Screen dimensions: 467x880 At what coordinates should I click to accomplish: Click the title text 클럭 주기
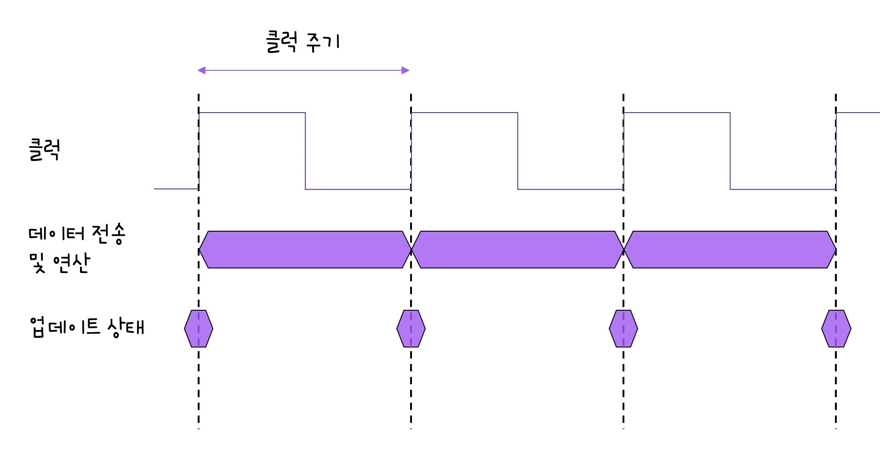click(x=303, y=42)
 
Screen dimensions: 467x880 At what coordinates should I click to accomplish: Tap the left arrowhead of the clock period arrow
click(x=201, y=70)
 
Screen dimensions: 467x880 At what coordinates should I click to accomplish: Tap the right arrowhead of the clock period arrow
click(x=406, y=70)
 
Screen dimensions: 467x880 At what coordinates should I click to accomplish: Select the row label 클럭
click(x=44, y=150)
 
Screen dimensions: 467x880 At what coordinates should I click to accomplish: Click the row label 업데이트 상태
click(x=87, y=327)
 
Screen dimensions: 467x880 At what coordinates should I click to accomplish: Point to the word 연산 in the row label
click(x=71, y=263)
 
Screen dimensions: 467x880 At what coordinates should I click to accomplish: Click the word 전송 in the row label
click(x=109, y=233)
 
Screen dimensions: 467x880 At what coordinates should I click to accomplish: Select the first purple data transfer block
click(x=305, y=250)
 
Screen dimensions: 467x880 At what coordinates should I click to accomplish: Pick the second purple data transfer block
click(x=518, y=250)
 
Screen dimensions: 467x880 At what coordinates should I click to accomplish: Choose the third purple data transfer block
click(x=730, y=250)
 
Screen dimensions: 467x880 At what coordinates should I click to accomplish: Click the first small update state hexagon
click(x=199, y=329)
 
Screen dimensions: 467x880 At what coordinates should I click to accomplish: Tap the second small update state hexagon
click(x=411, y=329)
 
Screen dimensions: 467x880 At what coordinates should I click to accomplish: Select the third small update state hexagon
click(x=623, y=329)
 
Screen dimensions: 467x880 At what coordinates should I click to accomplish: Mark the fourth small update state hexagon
click(x=836, y=329)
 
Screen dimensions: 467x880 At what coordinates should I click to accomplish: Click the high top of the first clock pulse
click(x=252, y=113)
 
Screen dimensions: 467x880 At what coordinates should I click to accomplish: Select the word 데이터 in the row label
click(x=57, y=233)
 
